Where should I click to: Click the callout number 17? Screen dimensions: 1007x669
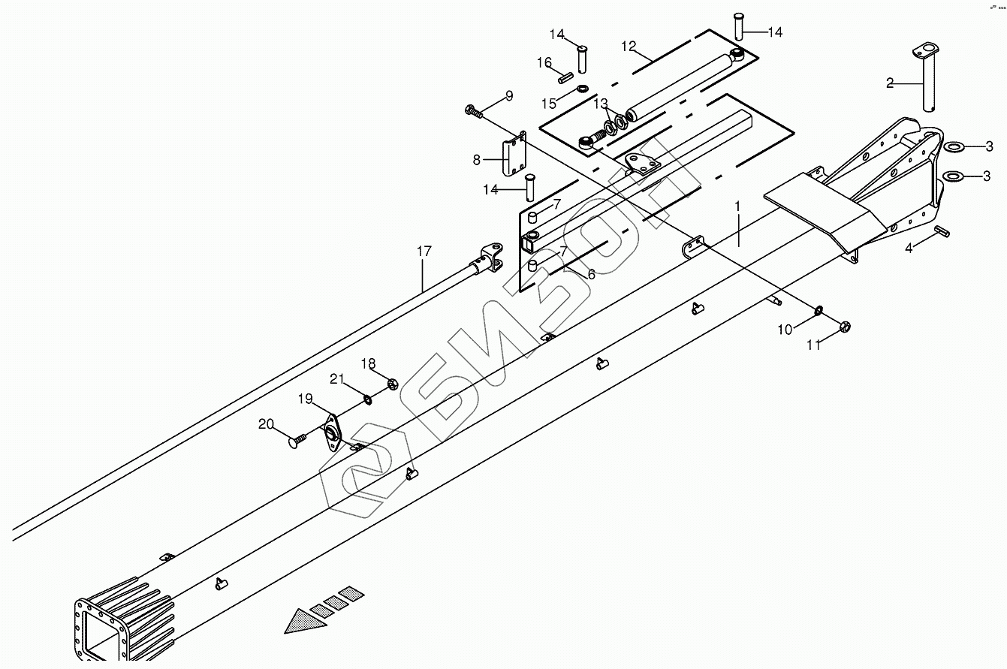click(424, 252)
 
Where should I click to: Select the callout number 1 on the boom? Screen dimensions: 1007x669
click(737, 205)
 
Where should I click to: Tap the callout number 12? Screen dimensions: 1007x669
click(629, 47)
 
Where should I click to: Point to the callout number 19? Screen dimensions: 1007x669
click(304, 399)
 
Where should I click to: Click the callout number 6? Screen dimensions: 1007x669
click(591, 276)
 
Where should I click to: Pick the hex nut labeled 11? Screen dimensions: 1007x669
click(843, 327)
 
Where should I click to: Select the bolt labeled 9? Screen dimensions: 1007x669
click(472, 111)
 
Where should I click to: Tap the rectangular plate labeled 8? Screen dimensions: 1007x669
click(513, 157)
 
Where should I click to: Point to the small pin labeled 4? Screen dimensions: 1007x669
click(942, 231)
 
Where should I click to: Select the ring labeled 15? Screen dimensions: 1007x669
click(583, 89)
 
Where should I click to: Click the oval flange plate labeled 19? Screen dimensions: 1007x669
click(332, 434)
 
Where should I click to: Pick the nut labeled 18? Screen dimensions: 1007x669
click(392, 384)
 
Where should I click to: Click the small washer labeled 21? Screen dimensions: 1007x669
click(368, 399)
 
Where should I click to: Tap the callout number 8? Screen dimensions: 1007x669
click(476, 159)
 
